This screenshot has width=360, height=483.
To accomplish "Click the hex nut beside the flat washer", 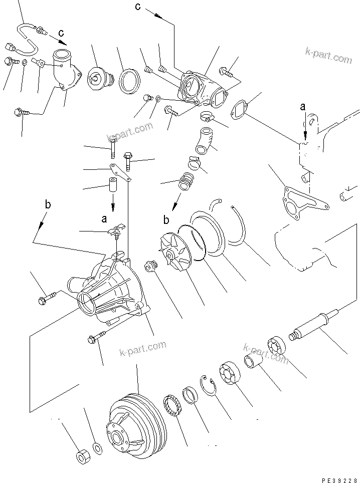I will pyautogui.click(x=82, y=456).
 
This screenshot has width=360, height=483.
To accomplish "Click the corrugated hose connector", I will pyautogui.click(x=187, y=181).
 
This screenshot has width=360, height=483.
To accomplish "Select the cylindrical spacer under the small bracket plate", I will pyautogui.click(x=113, y=186).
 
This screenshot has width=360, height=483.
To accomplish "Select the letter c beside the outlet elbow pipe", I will pyautogui.click(x=61, y=33).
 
